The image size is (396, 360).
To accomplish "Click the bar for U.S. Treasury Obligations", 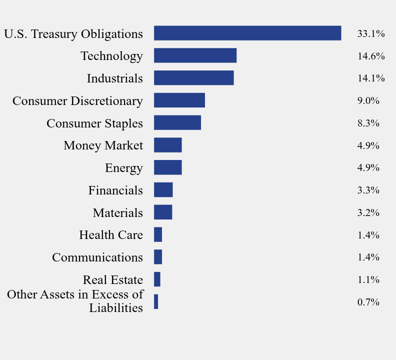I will (x=247, y=33).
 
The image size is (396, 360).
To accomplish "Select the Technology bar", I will (x=195, y=55).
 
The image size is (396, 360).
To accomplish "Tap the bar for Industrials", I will (x=193, y=78).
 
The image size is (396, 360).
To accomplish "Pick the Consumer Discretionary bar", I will (x=179, y=100).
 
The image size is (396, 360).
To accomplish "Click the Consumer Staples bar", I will (x=177, y=123).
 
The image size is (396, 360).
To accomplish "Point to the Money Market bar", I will (x=167, y=145).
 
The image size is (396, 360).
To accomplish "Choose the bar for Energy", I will (x=167, y=167).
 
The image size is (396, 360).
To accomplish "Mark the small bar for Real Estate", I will (x=157, y=279).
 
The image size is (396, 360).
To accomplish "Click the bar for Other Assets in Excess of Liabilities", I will (x=156, y=301).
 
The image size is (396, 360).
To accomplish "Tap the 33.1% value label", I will (x=370, y=34).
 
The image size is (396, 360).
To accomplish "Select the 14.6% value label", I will (x=370, y=56).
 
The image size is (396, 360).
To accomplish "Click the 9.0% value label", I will (x=368, y=101).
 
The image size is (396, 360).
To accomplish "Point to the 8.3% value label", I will (x=368, y=123).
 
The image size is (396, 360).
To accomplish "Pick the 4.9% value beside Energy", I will (x=368, y=168).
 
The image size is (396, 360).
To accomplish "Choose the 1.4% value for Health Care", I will (x=368, y=235).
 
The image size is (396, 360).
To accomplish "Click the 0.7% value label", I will (x=368, y=302).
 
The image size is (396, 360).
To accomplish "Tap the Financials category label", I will (x=115, y=190).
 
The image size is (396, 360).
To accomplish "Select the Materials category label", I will (x=117, y=213).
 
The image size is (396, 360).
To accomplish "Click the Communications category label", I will (x=97, y=257).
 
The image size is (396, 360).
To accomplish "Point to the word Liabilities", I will (x=116, y=308).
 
